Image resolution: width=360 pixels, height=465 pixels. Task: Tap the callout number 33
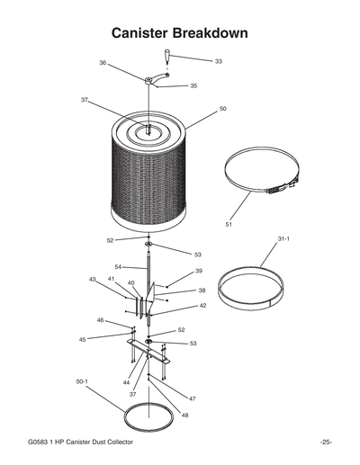[x=219, y=61]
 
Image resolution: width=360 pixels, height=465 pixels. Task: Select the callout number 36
[x=103, y=63]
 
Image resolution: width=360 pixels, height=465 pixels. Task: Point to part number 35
[x=193, y=86]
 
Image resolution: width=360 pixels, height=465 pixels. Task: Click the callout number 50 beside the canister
[x=222, y=108]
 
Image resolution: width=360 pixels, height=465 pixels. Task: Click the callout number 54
[x=118, y=267]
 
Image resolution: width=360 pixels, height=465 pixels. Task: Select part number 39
[x=198, y=271]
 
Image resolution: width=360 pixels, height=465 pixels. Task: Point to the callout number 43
[x=93, y=280]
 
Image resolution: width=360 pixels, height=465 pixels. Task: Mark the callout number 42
[x=203, y=306]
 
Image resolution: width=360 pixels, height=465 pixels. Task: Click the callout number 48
[x=184, y=415]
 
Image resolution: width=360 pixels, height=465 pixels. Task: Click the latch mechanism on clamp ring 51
[x=280, y=190]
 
